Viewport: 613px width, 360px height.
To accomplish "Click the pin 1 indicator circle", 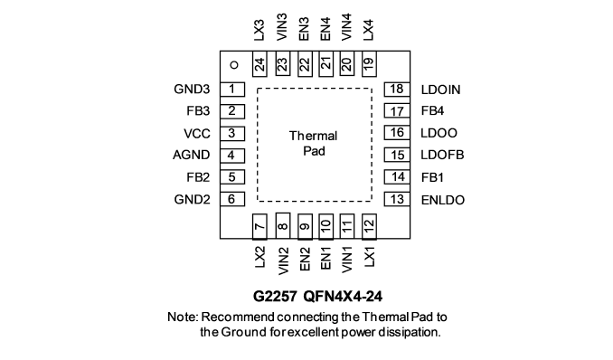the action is point(234,65).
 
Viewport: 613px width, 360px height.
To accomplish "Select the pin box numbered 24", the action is point(259,64).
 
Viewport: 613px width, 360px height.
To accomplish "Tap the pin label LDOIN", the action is point(440,90).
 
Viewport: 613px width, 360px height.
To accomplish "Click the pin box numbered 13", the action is point(397,199).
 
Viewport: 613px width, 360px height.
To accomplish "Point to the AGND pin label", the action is point(191,155).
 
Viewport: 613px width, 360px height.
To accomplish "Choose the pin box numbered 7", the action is point(259,226).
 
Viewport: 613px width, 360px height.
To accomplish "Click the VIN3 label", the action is point(282,26).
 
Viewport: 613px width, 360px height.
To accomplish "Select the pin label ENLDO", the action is point(443,200).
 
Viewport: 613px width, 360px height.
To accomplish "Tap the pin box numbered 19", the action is point(369,64).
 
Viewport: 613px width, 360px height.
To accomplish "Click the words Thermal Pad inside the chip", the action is point(314,143).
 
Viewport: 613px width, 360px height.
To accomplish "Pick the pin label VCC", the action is point(197,134).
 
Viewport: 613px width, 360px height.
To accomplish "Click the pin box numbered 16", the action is point(397,133).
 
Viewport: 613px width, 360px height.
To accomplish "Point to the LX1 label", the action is point(369,257).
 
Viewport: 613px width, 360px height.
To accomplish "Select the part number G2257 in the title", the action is point(275,296).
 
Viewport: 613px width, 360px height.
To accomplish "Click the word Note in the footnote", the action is point(182,317).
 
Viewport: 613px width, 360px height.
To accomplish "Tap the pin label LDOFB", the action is point(442,155).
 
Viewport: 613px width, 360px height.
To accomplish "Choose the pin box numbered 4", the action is point(232,156).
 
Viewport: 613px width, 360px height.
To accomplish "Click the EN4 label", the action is point(325,29).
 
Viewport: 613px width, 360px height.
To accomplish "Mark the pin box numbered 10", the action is point(325,226).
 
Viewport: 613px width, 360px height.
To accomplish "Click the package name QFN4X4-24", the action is point(343,296).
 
